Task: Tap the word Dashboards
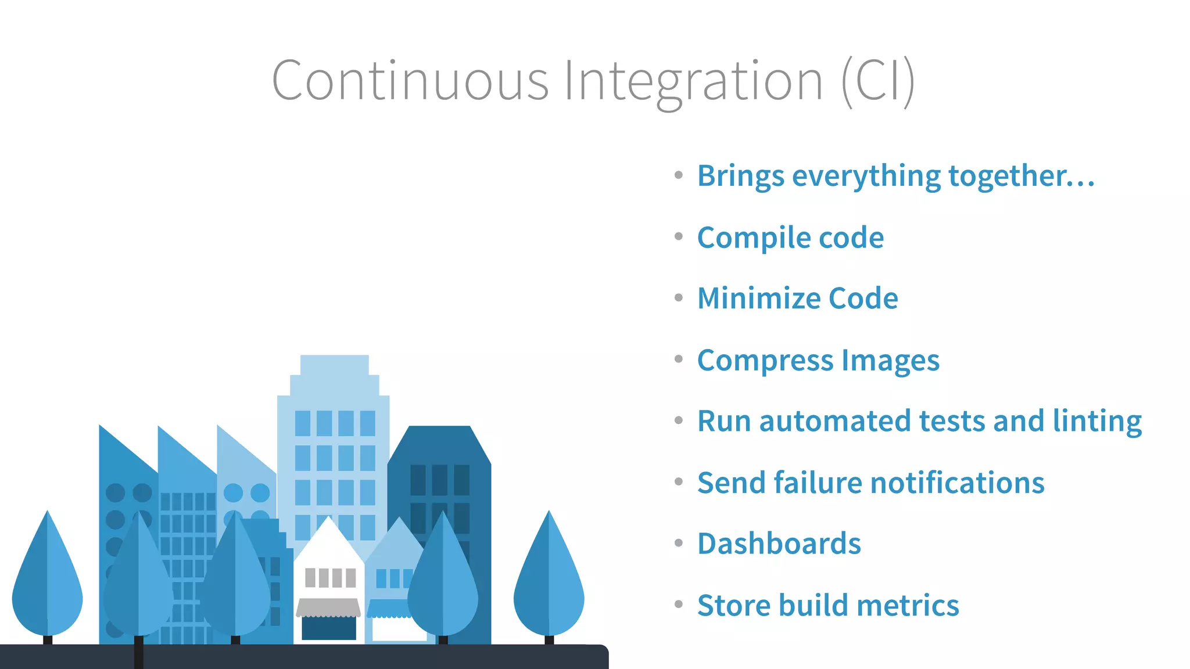point(779,544)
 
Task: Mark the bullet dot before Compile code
point(678,236)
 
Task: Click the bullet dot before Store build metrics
point(678,605)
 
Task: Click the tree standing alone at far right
point(549,581)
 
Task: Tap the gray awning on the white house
point(328,607)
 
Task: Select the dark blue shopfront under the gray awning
point(329,628)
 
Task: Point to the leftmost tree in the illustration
point(48,581)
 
